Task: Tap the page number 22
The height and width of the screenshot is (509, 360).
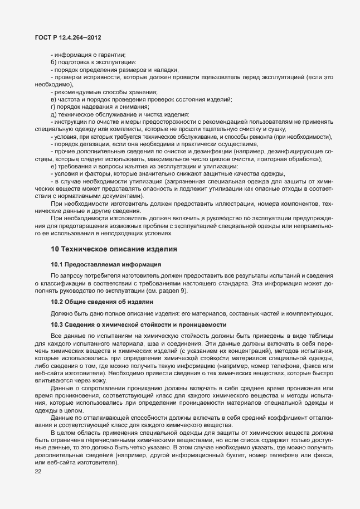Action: click(x=38, y=472)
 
